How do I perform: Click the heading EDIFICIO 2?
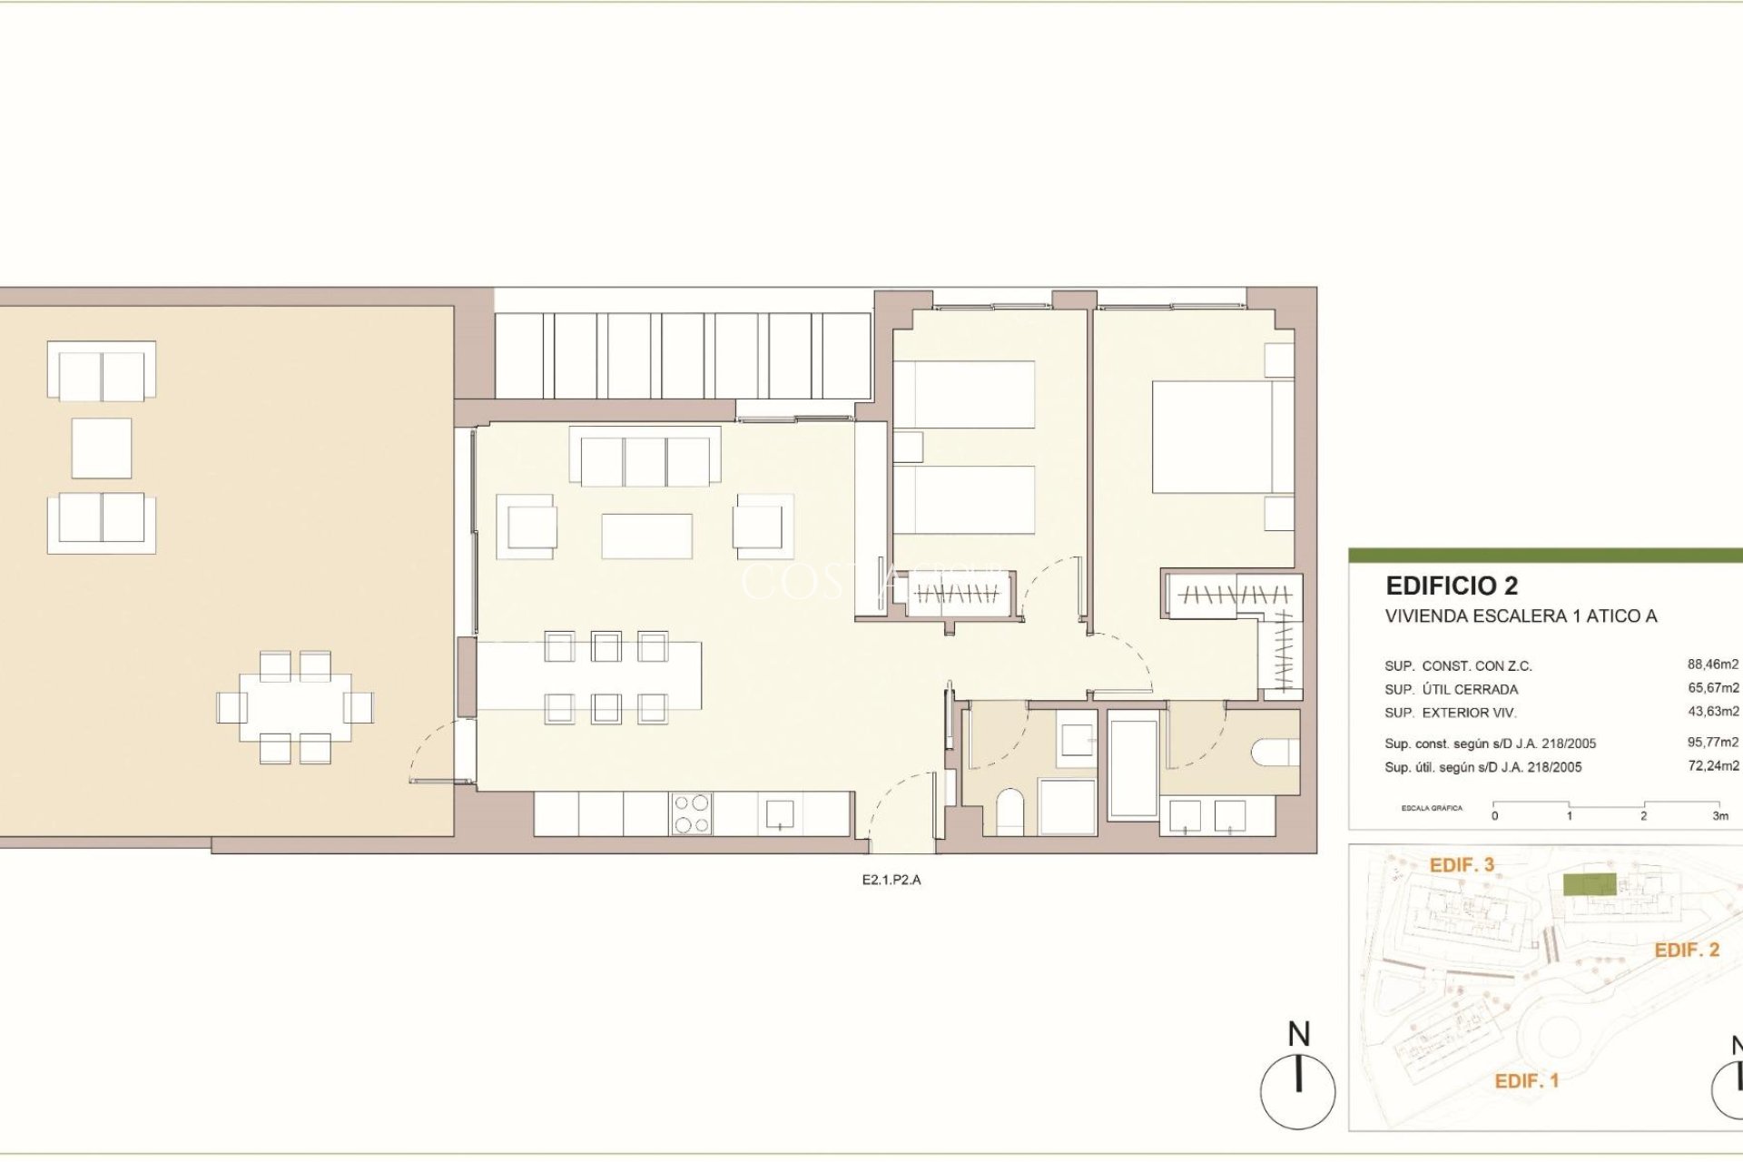[1451, 586]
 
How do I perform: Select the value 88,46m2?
[1712, 665]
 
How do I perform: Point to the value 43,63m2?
[1712, 712]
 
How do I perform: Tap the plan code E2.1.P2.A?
[891, 880]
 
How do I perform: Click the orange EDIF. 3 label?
[1462, 865]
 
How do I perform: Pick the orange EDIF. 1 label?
[1526, 1081]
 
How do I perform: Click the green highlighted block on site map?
[1589, 885]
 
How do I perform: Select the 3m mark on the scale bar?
[1719, 815]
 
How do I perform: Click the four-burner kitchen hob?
[691, 813]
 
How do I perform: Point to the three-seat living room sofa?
[645, 459]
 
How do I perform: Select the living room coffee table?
[646, 537]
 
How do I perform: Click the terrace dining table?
[295, 707]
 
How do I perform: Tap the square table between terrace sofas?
[101, 448]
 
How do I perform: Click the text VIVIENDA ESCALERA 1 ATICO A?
[1521, 616]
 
